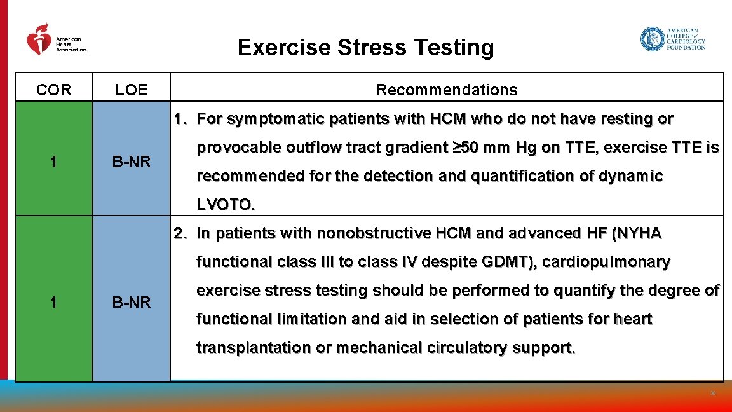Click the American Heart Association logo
tap(56, 41)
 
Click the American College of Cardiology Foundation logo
tap(672, 39)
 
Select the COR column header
tap(54, 90)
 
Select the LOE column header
tap(132, 90)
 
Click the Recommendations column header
tap(447, 90)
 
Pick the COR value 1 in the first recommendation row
tap(54, 163)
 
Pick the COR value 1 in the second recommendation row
tap(54, 303)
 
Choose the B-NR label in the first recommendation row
tap(132, 163)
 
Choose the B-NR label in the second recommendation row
tap(132, 303)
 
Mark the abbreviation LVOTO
tap(225, 205)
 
